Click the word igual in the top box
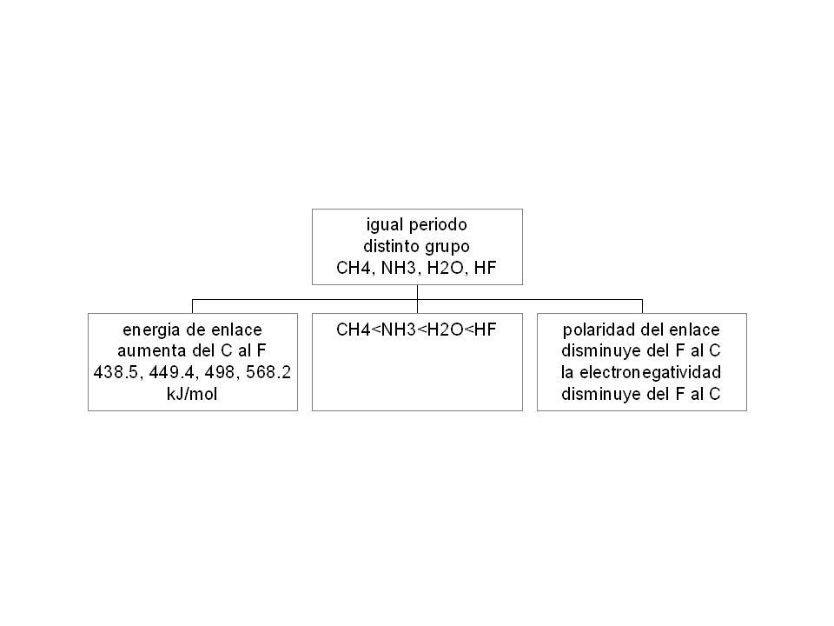click(385, 225)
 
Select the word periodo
click(438, 225)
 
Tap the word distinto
click(390, 246)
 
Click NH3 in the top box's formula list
click(399, 268)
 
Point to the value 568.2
click(268, 373)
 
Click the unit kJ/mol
click(192, 395)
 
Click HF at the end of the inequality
click(485, 330)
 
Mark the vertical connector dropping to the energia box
click(193, 307)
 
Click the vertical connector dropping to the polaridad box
click(643, 307)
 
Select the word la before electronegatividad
click(567, 373)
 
